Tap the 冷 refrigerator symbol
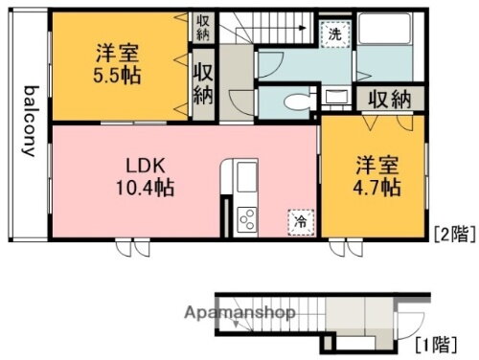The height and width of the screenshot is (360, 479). pyautogui.click(x=300, y=221)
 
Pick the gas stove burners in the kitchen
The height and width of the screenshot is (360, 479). pyautogui.click(x=245, y=218)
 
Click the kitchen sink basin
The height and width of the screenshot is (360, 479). pyautogui.click(x=245, y=177)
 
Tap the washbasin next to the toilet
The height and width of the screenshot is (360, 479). pyautogui.click(x=336, y=96)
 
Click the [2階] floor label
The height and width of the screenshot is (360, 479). pyautogui.click(x=451, y=233)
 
